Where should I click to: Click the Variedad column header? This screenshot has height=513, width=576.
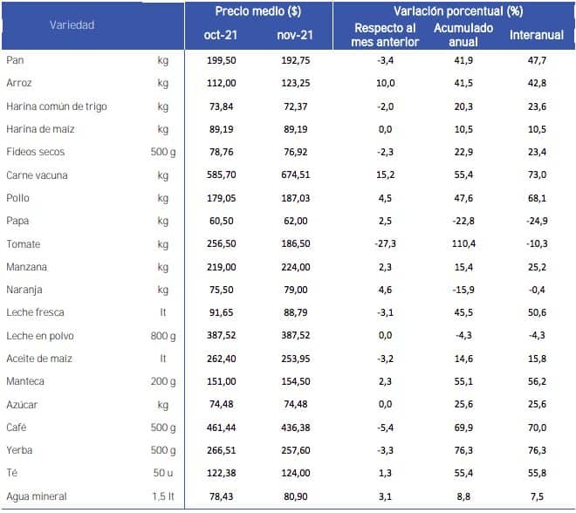tap(72, 25)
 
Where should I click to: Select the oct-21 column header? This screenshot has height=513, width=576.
tap(221, 35)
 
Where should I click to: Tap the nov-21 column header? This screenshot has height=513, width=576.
tap(295, 35)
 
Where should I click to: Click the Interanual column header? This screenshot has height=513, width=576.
tap(537, 35)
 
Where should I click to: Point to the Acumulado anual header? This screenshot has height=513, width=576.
tap(463, 35)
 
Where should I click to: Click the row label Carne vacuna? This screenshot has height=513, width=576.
tap(37, 175)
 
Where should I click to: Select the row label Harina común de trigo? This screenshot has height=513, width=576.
tap(57, 106)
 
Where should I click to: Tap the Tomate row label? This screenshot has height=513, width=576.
tap(24, 244)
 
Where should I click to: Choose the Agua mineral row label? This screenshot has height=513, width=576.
tap(37, 496)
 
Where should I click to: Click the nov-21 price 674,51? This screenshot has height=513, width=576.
tap(296, 174)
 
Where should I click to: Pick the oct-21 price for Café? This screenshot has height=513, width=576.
tap(221, 427)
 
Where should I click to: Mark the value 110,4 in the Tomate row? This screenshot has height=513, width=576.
tap(463, 243)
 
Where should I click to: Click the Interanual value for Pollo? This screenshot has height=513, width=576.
tap(537, 198)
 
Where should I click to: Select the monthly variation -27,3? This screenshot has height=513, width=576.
tap(386, 243)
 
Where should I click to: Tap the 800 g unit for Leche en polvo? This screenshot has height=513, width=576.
tap(163, 336)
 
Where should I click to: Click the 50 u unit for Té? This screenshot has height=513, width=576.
tap(163, 473)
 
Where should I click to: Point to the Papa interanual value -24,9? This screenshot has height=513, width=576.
tap(537, 221)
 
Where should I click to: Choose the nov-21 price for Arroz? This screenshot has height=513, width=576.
tap(296, 84)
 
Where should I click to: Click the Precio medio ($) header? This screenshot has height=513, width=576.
tap(257, 11)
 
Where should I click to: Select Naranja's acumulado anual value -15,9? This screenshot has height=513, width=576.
tap(463, 290)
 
